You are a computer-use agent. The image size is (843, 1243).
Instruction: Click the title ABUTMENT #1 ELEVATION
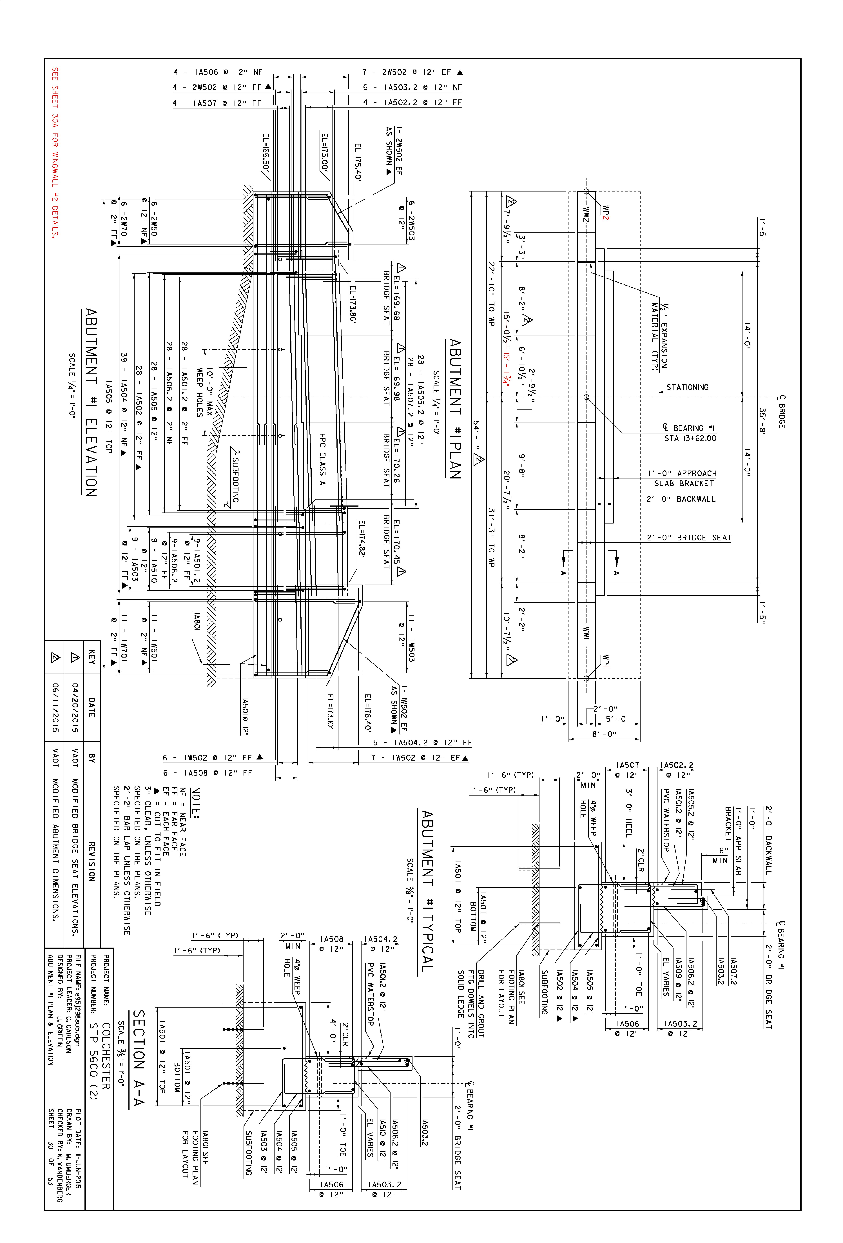click(92, 402)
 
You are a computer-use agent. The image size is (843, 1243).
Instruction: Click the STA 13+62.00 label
click(690, 438)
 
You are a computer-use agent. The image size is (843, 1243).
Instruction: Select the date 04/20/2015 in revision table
click(75, 707)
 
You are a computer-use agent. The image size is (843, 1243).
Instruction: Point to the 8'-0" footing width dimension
click(604, 734)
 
